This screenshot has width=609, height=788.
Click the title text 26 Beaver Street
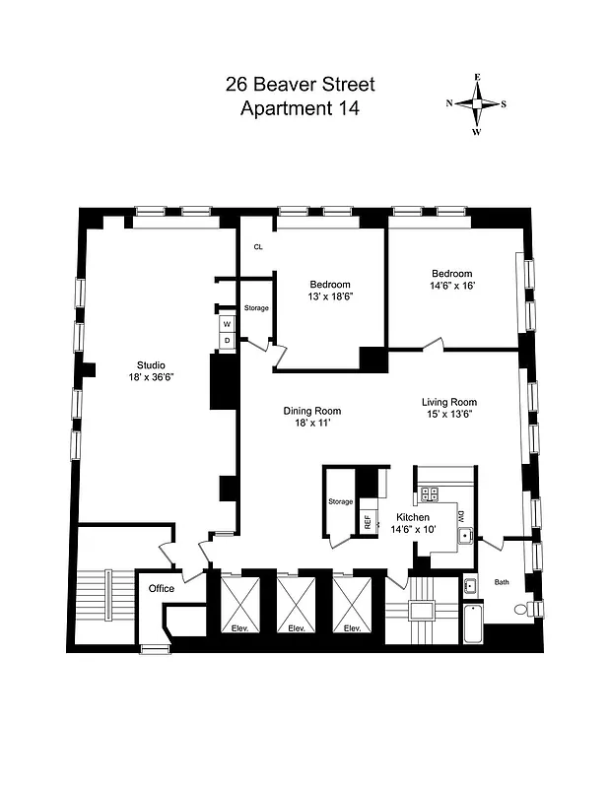pyautogui.click(x=300, y=87)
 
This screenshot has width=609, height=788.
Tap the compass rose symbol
pyautogui.click(x=477, y=103)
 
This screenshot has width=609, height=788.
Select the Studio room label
pyautogui.click(x=145, y=365)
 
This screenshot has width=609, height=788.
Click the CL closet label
pyautogui.click(x=258, y=247)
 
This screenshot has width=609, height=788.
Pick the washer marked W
pyautogui.click(x=227, y=323)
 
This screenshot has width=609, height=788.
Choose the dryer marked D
pyautogui.click(x=227, y=340)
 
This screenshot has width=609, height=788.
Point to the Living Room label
pyautogui.click(x=449, y=402)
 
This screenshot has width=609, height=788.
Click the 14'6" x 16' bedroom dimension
pyautogui.click(x=451, y=286)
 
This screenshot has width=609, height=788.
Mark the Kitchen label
pyautogui.click(x=412, y=517)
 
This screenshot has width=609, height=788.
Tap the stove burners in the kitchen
pyautogui.click(x=430, y=495)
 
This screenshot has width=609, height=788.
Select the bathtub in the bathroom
pyautogui.click(x=472, y=623)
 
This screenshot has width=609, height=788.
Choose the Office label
pyautogui.click(x=161, y=588)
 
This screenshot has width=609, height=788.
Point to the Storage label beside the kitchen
pyautogui.click(x=340, y=502)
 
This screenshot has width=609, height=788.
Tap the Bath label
pyautogui.click(x=503, y=581)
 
